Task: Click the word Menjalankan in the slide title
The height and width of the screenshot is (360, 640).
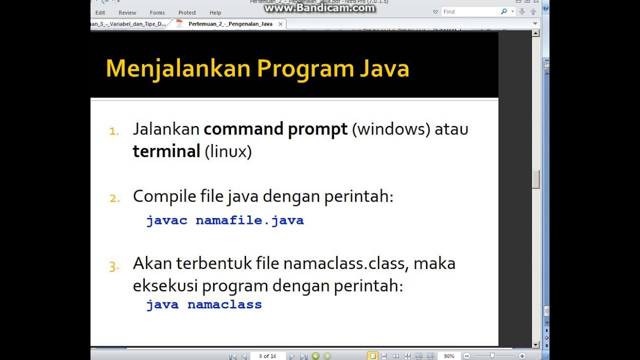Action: pos(177,68)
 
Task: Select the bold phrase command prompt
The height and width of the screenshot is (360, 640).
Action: pos(275,129)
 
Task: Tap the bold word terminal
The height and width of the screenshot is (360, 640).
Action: pos(166,151)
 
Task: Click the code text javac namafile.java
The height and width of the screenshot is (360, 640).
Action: pos(225,220)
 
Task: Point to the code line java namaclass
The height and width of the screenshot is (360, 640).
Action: pos(204,304)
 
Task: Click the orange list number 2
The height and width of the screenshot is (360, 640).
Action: pos(115,198)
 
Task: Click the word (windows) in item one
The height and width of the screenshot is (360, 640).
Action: pos(391,129)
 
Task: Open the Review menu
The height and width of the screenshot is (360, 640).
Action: pos(127,13)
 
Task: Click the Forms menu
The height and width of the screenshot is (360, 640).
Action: pos(157,13)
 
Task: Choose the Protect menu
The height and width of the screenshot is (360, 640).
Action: pos(187,13)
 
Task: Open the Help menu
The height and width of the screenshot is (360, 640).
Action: pos(215,13)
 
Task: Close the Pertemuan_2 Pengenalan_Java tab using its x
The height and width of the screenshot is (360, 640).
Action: pos(280,24)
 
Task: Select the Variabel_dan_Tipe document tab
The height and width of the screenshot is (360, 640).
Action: pos(129,24)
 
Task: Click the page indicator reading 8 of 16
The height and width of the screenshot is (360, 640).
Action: pos(267,356)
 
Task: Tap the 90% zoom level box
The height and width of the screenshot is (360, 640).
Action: pos(449,356)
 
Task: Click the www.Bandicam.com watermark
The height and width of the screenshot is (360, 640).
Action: pos(320,8)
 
